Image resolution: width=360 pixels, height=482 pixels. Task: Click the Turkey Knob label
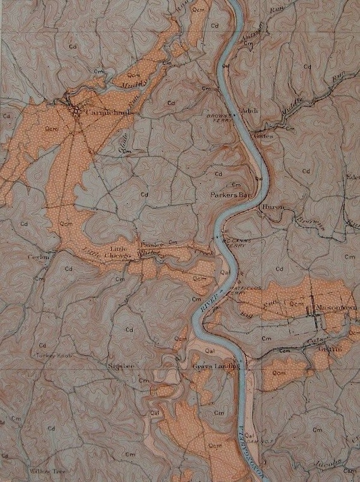tap(54, 356)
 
